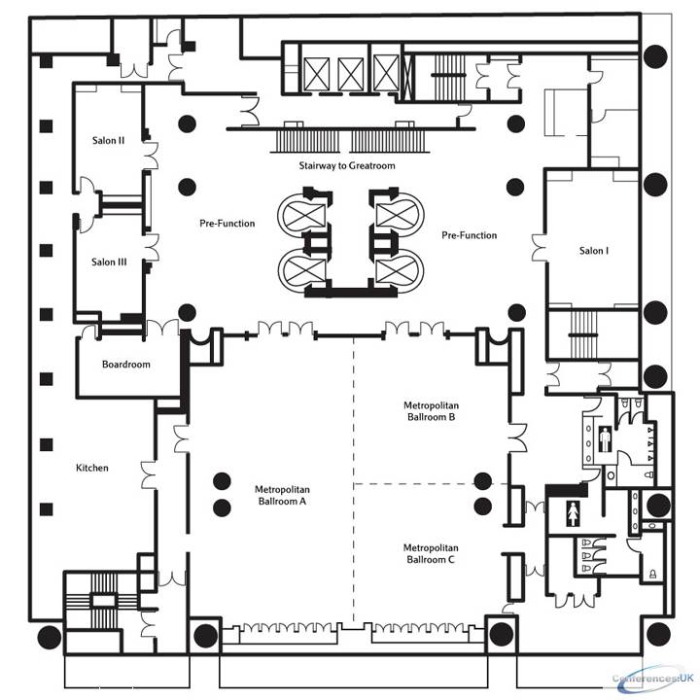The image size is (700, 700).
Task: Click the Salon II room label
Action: pyautogui.click(x=109, y=141)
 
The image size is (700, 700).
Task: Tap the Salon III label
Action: pyautogui.click(x=109, y=262)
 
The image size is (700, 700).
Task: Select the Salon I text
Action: pyautogui.click(x=594, y=251)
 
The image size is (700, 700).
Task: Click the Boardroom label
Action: pyautogui.click(x=125, y=365)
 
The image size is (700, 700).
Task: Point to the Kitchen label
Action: pyautogui.click(x=92, y=468)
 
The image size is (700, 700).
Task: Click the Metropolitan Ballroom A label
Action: pyautogui.click(x=282, y=496)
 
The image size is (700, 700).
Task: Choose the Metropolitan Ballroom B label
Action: pyautogui.click(x=432, y=411)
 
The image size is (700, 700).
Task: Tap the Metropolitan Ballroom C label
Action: pyautogui.click(x=431, y=553)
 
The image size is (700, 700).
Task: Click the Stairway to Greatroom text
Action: pyautogui.click(x=347, y=165)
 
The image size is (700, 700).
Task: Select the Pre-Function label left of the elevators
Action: pyautogui.click(x=227, y=224)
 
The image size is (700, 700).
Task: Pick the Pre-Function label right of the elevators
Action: pyautogui.click(x=470, y=235)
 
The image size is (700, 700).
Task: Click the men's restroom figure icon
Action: pyautogui.click(x=605, y=439)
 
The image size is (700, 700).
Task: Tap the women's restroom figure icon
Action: pyautogui.click(x=573, y=513)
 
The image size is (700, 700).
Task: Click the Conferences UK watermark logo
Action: pyautogui.click(x=653, y=679)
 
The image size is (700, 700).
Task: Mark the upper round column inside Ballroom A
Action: pyautogui.click(x=222, y=481)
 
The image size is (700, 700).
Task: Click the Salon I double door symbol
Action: pyautogui.click(x=540, y=248)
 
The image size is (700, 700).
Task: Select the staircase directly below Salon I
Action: pyautogui.click(x=583, y=334)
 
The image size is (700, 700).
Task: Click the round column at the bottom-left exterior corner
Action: pyautogui.click(x=50, y=637)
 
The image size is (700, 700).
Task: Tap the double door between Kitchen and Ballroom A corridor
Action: pyautogui.click(x=149, y=475)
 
